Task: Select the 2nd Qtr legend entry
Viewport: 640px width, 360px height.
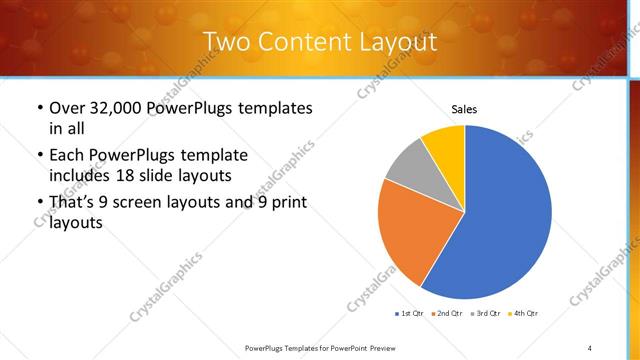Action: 448,314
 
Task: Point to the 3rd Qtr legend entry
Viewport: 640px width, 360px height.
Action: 486,314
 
